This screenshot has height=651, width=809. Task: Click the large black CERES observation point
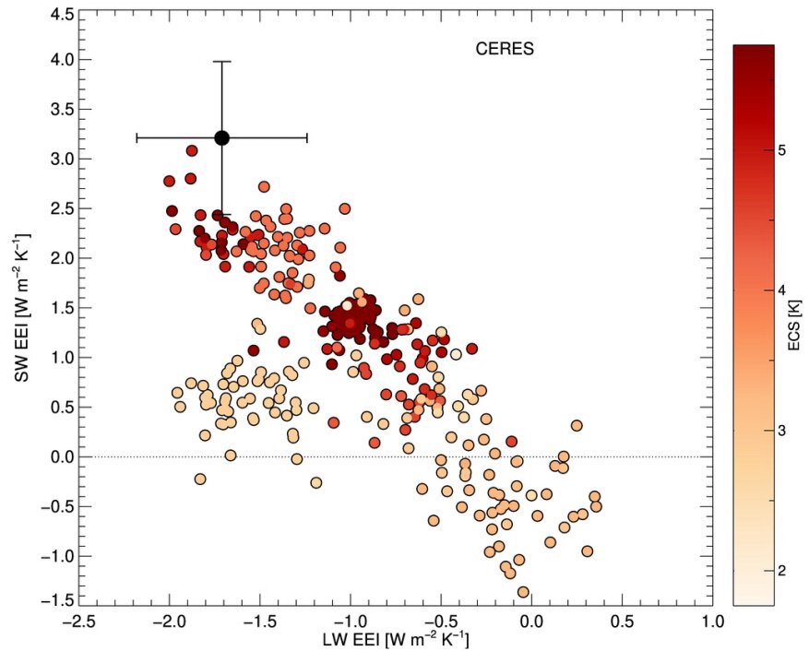[x=221, y=137]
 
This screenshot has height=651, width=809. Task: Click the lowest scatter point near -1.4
[x=523, y=592]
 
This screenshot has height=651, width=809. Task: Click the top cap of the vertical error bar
[x=221, y=61]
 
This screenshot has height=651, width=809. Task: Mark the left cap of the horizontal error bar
[x=137, y=137]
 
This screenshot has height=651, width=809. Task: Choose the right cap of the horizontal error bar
[x=306, y=137]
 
